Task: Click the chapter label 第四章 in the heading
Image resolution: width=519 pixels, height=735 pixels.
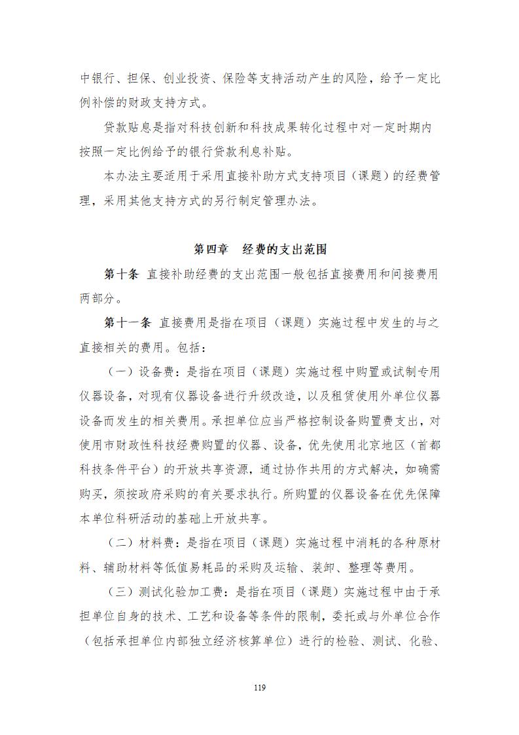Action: tap(211, 250)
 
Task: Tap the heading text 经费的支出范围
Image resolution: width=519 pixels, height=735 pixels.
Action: tap(284, 250)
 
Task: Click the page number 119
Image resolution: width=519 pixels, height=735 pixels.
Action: tap(260, 687)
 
